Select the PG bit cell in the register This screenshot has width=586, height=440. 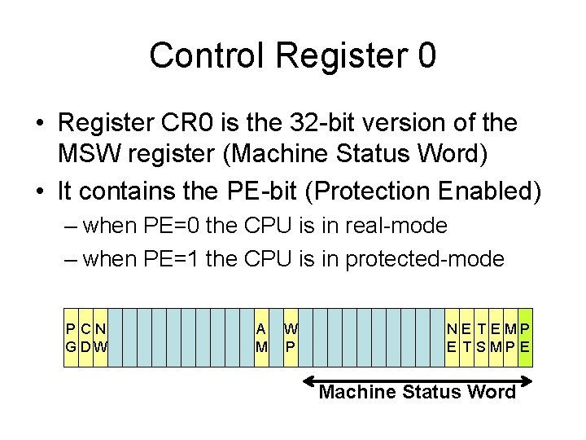(x=72, y=337)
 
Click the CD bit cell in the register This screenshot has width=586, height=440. (x=86, y=337)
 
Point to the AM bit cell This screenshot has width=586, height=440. (x=262, y=337)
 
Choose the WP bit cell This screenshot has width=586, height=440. (x=291, y=337)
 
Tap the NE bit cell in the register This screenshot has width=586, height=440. (x=451, y=337)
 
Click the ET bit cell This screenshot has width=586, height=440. (x=466, y=337)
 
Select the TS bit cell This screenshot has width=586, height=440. (x=481, y=337)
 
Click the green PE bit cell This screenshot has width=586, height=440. (x=525, y=337)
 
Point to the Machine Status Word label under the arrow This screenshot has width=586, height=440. (x=417, y=393)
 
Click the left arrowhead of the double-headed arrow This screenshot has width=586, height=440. (x=308, y=380)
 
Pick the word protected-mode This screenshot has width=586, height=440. (x=425, y=260)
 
